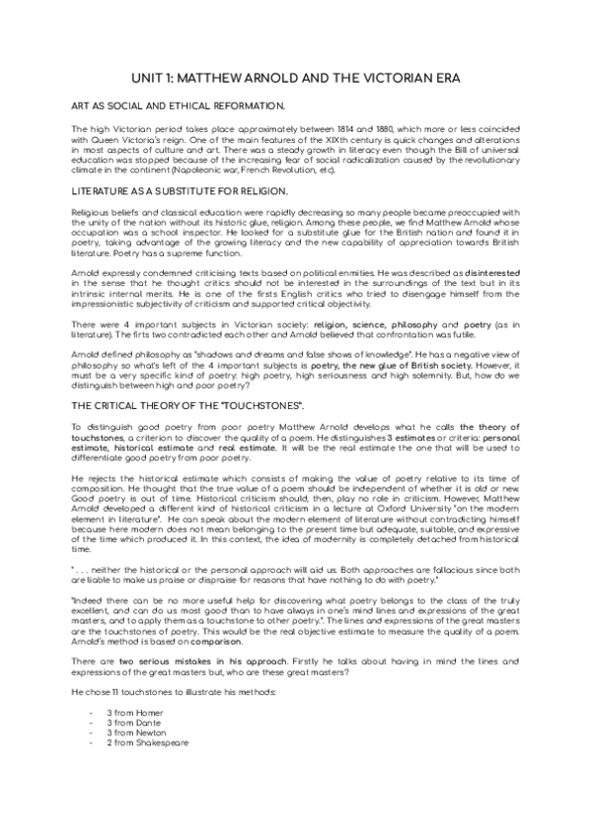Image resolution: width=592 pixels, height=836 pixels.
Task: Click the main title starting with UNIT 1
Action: point(296,78)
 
